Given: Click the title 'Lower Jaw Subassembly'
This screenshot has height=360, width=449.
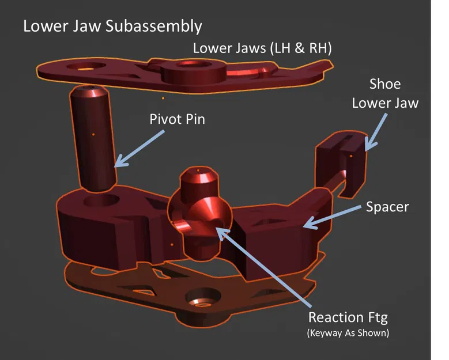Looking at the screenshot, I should coord(112,26).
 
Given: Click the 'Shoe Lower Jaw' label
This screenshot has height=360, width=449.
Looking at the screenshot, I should coord(384,94).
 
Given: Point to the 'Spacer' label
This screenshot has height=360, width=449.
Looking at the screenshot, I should coord(387,206).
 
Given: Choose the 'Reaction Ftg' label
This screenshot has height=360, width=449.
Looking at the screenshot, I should coord(349,317).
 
